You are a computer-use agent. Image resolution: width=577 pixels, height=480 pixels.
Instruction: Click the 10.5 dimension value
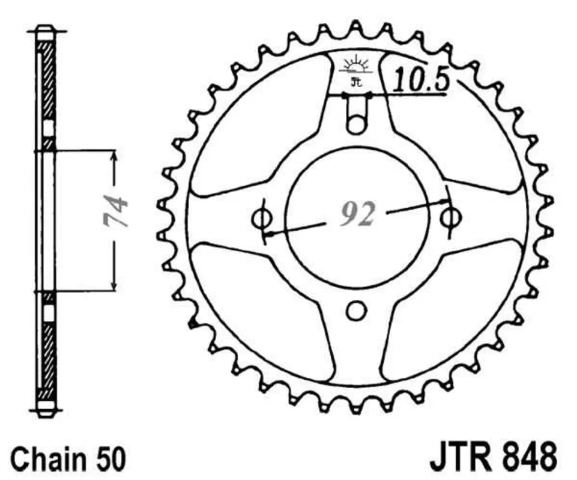[421, 80]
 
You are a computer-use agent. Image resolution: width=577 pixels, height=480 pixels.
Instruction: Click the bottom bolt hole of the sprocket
[355, 311]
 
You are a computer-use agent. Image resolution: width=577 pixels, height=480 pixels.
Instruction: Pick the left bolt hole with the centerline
[262, 219]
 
